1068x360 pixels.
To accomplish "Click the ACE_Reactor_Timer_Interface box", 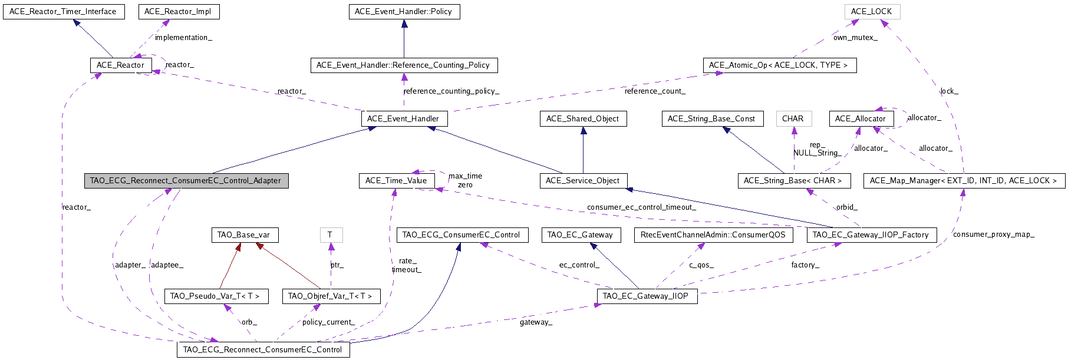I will [x=64, y=12].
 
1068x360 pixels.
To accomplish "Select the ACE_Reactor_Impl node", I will [x=179, y=12].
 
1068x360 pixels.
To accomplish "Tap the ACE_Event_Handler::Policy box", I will [x=404, y=12].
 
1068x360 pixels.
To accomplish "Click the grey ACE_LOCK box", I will [x=872, y=12].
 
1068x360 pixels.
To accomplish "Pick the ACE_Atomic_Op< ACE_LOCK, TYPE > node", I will [x=779, y=65].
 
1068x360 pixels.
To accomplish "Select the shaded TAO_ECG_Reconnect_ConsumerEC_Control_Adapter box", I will [x=186, y=181].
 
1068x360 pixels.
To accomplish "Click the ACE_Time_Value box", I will [x=397, y=181].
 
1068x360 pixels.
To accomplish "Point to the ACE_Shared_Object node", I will [x=582, y=119].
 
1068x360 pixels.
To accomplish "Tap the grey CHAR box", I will [x=793, y=119].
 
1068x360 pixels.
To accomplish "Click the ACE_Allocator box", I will [x=861, y=119].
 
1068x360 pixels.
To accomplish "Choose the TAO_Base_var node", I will [x=244, y=235].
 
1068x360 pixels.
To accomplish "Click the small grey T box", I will [x=331, y=235].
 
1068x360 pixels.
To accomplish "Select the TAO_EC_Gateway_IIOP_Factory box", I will [x=871, y=235].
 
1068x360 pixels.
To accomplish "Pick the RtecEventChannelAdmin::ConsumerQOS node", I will [x=713, y=235].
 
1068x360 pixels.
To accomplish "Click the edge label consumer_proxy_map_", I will [x=993, y=235].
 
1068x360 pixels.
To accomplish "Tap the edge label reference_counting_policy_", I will [x=451, y=91].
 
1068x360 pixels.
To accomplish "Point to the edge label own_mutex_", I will [x=855, y=38].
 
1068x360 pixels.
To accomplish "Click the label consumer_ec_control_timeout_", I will [x=641, y=207].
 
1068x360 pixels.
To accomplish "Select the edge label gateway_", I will [x=536, y=322].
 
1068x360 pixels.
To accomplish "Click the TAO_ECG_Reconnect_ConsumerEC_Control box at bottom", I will [x=263, y=350].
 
